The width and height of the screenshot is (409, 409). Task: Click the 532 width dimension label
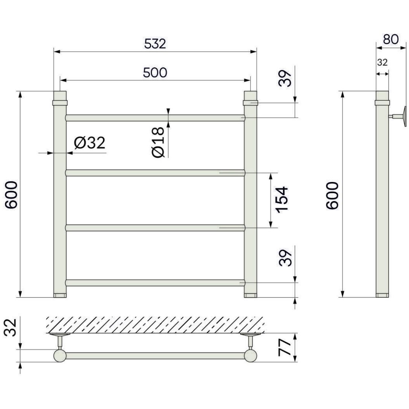155,44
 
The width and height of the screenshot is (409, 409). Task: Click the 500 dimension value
155,73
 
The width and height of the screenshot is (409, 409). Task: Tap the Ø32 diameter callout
90,143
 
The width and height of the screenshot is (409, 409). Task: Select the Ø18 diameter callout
158,142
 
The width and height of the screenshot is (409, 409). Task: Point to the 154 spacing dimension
282,200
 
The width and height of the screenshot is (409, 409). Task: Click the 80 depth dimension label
391,39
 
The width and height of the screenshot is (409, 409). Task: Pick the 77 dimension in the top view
285,347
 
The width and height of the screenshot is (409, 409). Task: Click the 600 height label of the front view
11,195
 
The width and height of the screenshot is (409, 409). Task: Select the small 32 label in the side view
382,62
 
